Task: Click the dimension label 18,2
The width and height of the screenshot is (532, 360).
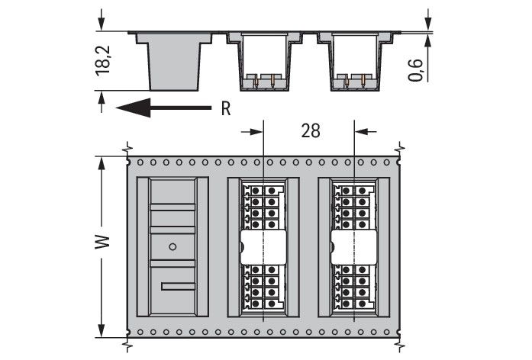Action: (x=105, y=60)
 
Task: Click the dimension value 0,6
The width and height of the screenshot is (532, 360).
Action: (x=416, y=66)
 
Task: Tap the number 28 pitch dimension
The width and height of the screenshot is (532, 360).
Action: (x=310, y=130)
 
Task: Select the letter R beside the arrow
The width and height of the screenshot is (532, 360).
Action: (x=225, y=108)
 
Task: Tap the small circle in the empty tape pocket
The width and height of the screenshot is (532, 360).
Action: (x=172, y=246)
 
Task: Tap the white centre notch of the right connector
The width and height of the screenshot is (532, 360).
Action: (x=354, y=246)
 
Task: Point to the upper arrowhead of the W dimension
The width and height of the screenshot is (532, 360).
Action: (x=102, y=162)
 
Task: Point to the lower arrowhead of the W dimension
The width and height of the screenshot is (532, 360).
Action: (x=102, y=333)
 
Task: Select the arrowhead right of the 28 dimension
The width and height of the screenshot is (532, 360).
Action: (x=362, y=131)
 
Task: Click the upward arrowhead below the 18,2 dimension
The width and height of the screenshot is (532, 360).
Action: (x=102, y=96)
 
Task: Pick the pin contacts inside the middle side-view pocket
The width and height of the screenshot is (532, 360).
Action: (x=263, y=79)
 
